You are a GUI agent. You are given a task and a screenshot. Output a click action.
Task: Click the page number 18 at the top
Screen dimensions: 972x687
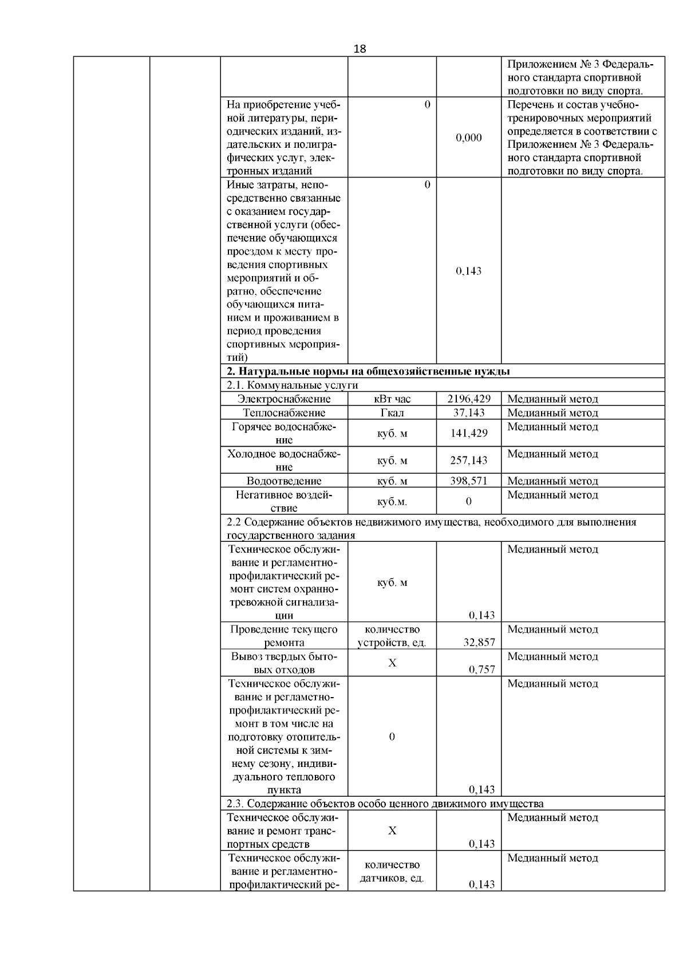click(360, 49)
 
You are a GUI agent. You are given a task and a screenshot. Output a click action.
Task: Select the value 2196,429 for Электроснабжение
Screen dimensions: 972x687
click(469, 399)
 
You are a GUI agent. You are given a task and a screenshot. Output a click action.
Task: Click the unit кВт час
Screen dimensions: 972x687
click(392, 399)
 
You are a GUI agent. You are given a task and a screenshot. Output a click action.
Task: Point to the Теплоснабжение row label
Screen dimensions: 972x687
click(284, 413)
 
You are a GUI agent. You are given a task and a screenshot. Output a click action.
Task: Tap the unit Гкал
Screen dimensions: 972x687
click(392, 413)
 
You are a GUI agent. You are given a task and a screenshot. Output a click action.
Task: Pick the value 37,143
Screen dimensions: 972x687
click(469, 413)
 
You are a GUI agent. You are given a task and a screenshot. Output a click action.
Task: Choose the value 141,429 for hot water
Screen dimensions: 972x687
click(469, 434)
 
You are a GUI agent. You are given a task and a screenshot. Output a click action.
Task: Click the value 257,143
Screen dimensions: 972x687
click(469, 461)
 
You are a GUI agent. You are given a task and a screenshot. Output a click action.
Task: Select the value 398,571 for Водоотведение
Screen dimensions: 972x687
click(469, 481)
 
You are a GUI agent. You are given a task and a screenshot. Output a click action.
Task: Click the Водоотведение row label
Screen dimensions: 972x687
click(284, 481)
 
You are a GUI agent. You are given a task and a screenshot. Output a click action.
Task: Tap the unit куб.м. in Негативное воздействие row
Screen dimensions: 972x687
click(392, 502)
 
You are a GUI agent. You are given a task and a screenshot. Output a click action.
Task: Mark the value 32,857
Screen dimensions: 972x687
click(479, 643)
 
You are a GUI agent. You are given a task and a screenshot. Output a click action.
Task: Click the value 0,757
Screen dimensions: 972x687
click(481, 670)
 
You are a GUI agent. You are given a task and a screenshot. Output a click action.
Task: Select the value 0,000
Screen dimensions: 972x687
click(469, 138)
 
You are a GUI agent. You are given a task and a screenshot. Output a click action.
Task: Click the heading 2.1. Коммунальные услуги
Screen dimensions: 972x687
click(293, 385)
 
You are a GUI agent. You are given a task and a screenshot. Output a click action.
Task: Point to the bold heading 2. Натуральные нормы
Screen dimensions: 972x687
click(368, 371)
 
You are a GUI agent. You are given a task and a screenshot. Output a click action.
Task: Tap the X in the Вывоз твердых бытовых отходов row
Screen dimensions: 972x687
click(392, 663)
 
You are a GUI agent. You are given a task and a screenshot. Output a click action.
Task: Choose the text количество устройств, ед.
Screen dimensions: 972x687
click(392, 636)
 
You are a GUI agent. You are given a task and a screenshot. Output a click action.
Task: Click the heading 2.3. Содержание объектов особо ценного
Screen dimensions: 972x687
click(385, 804)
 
